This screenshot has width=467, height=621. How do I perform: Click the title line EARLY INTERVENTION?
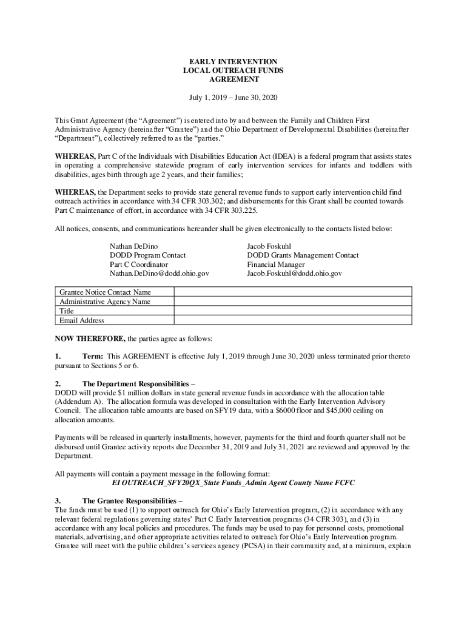233,62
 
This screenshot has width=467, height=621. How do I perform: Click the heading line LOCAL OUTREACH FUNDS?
233,71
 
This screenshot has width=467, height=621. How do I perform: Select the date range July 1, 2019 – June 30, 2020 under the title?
233,98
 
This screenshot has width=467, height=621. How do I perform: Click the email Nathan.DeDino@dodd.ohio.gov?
159,274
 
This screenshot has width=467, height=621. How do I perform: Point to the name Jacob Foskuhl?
268,247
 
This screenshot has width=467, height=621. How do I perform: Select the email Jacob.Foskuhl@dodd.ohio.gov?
294,274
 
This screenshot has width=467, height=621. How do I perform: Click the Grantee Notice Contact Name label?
105,292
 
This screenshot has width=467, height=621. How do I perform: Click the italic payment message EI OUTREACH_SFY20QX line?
233,483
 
